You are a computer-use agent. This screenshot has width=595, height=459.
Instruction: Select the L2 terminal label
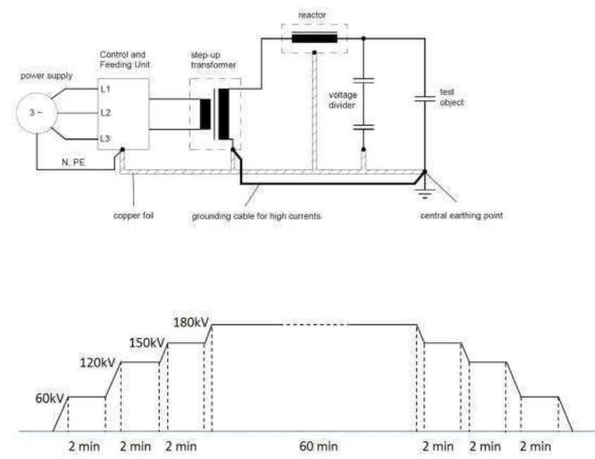coord(106,112)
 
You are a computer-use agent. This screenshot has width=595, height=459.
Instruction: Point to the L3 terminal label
coord(106,138)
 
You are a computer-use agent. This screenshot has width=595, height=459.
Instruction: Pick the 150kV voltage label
coord(148,343)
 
